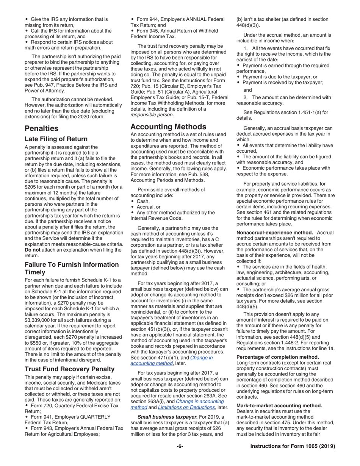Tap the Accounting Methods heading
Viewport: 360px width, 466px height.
pyautogui.click(x=168, y=127)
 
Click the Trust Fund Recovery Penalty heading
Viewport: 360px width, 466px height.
pyautogui.click(x=69, y=369)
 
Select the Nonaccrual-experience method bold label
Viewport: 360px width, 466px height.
pyautogui.click(x=274, y=232)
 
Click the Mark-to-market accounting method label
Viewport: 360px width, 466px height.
pyautogui.click(x=279, y=405)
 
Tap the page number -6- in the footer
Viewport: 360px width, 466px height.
pyautogui.click(x=180, y=446)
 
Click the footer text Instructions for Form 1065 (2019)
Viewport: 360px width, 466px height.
pyautogui.click(x=293, y=446)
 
